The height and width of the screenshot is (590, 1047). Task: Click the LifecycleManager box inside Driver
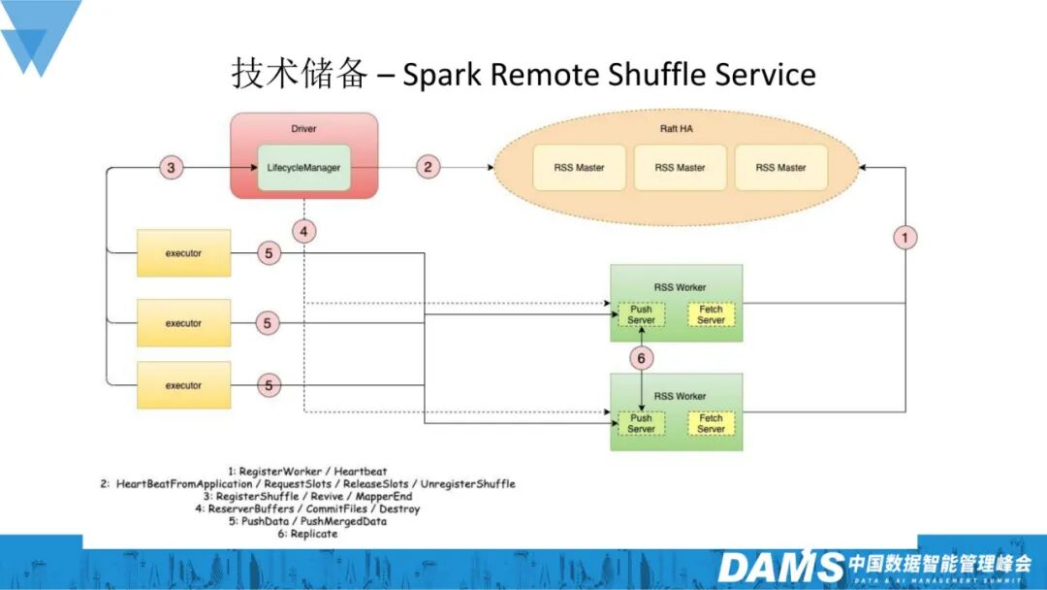303,168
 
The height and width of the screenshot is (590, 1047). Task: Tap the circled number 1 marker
904,237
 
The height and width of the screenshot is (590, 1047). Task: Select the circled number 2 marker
428,166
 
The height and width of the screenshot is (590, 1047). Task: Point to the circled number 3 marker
171,167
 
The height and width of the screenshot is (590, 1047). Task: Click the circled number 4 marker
303,232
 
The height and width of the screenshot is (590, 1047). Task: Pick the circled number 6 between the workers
641,358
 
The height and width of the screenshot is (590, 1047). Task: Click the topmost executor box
183,253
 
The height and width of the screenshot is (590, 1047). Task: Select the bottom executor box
183,385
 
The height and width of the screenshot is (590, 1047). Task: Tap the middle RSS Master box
680,168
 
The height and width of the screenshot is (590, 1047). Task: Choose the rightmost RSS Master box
780,168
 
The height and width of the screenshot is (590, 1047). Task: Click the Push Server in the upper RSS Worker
641,314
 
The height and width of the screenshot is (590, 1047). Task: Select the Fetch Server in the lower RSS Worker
712,424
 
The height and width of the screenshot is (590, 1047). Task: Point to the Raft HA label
677,128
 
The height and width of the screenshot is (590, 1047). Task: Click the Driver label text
303,128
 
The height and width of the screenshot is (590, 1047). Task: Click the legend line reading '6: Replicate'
308,534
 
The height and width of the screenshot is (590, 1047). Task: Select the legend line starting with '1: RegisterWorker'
307,471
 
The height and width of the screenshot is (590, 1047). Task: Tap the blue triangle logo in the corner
40,33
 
